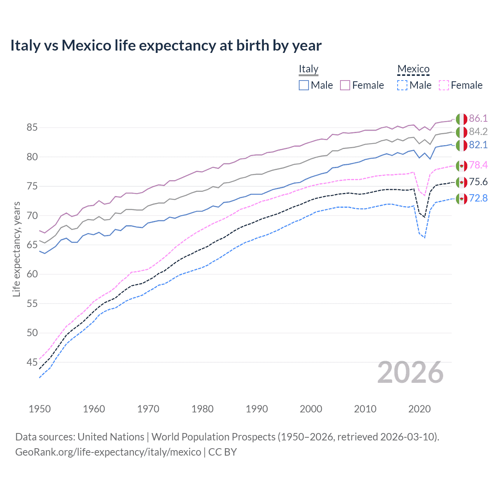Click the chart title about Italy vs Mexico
(x=166, y=46)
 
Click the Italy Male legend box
(x=304, y=85)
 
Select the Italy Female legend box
(x=345, y=85)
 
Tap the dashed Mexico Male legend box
(x=402, y=85)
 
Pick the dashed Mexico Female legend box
(x=444, y=85)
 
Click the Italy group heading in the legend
(x=309, y=69)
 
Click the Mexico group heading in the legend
(x=413, y=69)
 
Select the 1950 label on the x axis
(x=40, y=409)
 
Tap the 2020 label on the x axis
(x=419, y=409)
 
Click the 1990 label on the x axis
(x=257, y=409)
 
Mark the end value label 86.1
(x=478, y=119)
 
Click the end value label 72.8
(x=478, y=198)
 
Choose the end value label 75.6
(x=478, y=182)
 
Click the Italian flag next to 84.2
(x=461, y=132)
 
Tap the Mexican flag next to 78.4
(x=461, y=166)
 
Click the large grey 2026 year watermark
(x=410, y=373)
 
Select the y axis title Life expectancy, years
(x=16, y=249)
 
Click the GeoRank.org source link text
(x=108, y=452)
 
